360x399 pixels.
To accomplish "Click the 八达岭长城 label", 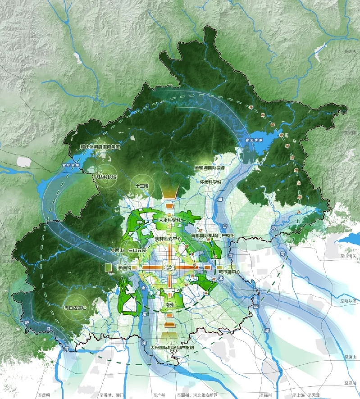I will point(105,177).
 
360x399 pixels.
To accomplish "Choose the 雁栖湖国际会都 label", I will point(210,168).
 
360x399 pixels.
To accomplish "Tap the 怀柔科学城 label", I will point(211,182).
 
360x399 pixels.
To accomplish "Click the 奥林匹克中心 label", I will point(167,238).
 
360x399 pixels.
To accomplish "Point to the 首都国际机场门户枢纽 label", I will point(213,235).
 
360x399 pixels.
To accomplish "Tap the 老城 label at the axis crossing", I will point(169,267).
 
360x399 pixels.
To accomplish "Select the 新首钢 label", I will point(124,267).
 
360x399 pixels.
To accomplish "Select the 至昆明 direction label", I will point(44,395).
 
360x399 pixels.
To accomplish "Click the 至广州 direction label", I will point(159,395).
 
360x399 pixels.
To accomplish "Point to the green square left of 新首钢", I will point(108,268).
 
